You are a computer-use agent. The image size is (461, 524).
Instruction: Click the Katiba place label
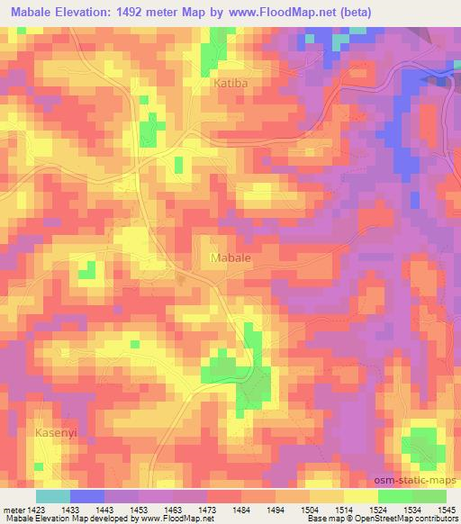[230, 83]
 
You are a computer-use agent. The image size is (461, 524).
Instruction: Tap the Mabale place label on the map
[230, 257]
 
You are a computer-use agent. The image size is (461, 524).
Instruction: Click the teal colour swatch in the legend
[53, 496]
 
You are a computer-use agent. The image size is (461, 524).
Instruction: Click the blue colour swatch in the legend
[88, 496]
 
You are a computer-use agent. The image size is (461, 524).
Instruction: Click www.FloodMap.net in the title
[280, 13]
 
